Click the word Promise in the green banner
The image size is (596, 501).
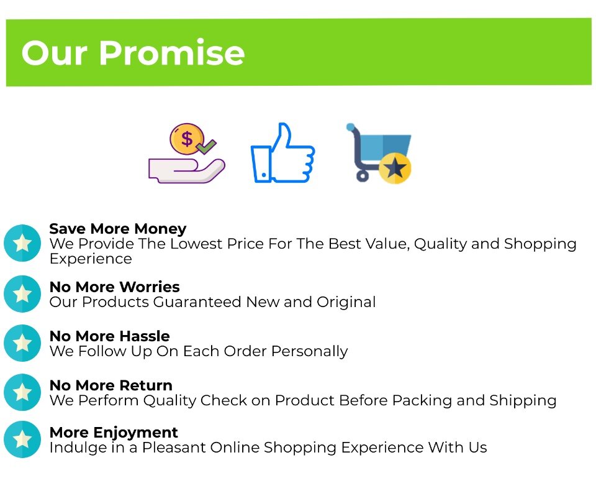coord(172,53)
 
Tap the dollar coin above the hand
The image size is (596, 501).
coord(187,139)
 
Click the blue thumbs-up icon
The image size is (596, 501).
coord(282,153)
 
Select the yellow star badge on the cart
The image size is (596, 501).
coord(395,168)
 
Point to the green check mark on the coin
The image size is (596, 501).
coord(205,146)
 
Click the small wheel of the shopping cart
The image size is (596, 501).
coord(362,176)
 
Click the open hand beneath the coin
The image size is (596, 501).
coord(187,171)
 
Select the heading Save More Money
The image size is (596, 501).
coord(118,229)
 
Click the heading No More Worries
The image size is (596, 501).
coord(114,287)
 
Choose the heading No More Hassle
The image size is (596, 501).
coord(109,336)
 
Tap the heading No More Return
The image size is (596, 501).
coord(111,385)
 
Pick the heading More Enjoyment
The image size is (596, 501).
coord(114,433)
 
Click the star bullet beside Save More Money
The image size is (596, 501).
coord(22,243)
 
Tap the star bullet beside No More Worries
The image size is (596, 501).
coord(22,294)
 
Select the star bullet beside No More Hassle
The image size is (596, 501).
coord(22,343)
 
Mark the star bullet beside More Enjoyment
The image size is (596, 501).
coord(22,439)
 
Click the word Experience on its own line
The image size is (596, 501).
coord(91,259)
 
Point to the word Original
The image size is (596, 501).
coord(346,302)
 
